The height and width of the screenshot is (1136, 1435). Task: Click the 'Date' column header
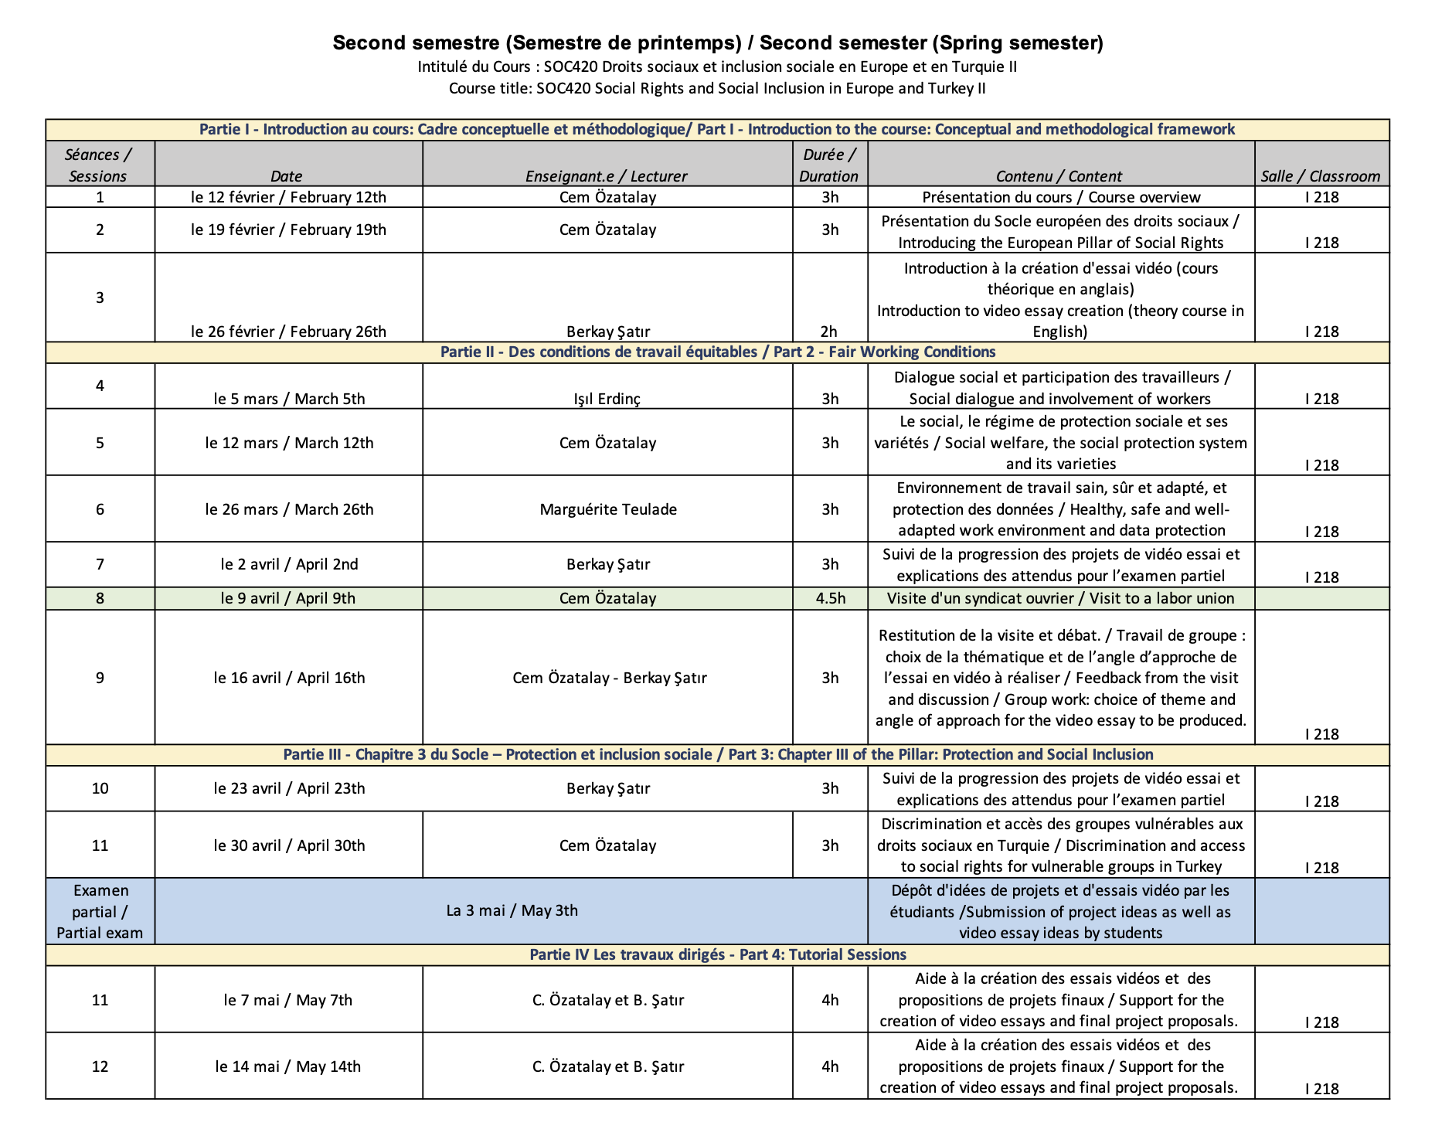287,176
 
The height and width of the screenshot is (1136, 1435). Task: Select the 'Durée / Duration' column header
829,165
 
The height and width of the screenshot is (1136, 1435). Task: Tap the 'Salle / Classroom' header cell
1321,176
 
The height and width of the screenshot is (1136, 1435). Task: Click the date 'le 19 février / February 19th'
288,230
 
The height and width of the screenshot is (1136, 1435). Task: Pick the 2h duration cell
829,332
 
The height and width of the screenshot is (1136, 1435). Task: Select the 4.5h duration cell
830,598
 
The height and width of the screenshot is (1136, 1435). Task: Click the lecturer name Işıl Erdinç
607,399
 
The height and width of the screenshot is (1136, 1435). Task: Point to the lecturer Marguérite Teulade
608,509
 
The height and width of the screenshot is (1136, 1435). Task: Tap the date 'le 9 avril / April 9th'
288,598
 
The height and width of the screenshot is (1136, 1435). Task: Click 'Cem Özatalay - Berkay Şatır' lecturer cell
609,678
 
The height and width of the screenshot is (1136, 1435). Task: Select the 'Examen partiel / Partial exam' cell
100,911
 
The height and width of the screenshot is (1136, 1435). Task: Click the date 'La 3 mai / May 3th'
512,910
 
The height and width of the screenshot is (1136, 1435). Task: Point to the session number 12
100,1066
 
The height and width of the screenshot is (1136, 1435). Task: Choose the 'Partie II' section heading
717,352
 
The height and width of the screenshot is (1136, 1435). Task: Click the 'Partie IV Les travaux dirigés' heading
717,955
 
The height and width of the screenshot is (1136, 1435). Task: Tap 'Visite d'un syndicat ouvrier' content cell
1060,598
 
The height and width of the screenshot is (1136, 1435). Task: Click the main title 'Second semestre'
717,43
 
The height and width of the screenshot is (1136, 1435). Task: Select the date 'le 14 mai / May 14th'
288,1066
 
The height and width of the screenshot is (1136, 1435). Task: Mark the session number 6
100,509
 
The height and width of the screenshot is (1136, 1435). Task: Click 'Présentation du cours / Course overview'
1061,197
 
